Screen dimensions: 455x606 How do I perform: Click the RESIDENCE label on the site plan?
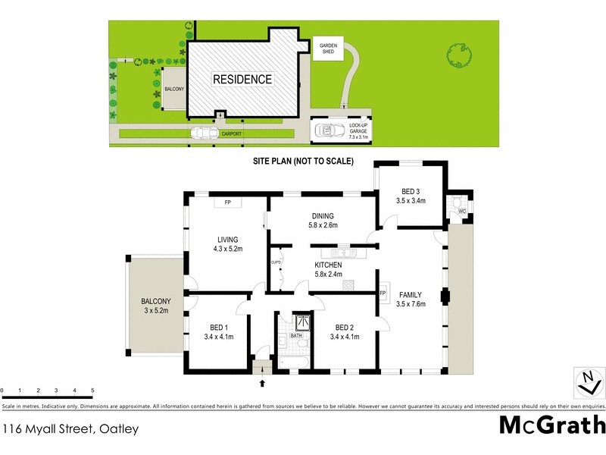click(x=242, y=79)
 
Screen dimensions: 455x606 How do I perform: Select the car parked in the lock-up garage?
click(x=328, y=131)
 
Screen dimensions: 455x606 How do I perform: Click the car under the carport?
click(x=203, y=133)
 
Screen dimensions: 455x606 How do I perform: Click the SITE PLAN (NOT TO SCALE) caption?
click(x=303, y=161)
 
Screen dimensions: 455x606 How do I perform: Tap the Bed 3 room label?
click(x=411, y=196)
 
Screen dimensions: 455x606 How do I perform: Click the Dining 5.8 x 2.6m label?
click(x=322, y=220)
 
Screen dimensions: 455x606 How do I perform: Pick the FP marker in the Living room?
click(x=227, y=202)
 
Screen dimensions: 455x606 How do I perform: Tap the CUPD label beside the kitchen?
click(x=276, y=262)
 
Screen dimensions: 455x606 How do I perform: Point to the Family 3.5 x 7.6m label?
click(x=411, y=300)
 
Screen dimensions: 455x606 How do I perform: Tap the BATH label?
click(x=297, y=334)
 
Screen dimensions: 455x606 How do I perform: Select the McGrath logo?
click(x=552, y=424)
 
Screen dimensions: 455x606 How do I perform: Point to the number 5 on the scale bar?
click(x=92, y=390)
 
